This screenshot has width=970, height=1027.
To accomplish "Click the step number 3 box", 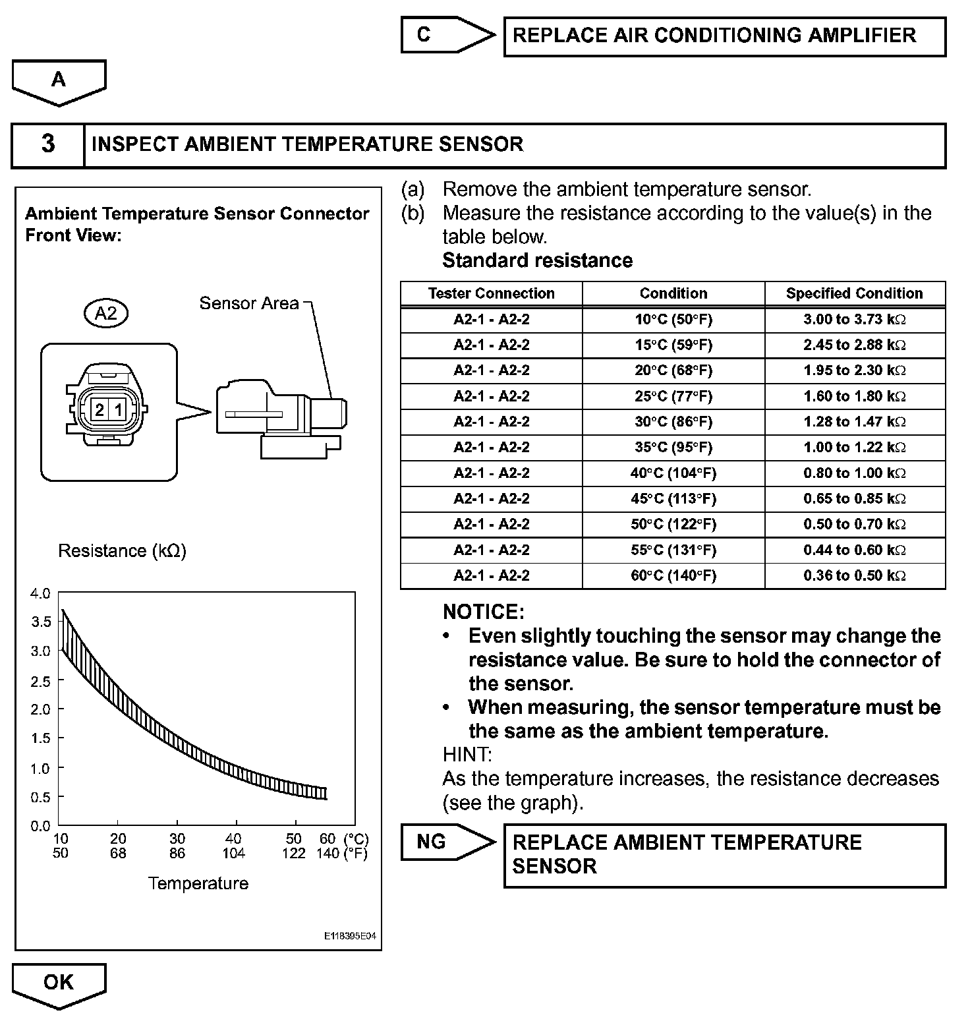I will (48, 144).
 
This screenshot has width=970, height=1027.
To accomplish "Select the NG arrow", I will (445, 842).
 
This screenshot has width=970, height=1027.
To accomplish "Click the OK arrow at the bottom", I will (59, 983).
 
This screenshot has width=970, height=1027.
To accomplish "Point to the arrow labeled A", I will (59, 81).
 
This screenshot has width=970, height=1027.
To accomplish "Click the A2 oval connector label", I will (105, 312).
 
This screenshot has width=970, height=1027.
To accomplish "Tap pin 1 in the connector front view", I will (118, 410).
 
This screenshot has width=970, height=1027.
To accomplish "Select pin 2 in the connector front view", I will (100, 410).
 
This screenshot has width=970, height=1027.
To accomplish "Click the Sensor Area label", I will (248, 303).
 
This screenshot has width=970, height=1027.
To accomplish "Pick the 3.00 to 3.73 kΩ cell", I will (855, 320).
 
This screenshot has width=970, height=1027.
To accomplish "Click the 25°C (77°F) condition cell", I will (673, 396).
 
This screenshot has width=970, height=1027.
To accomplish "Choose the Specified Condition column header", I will (855, 293).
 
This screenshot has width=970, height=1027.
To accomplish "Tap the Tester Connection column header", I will (491, 293).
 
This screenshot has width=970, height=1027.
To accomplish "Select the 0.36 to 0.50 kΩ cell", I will (855, 575).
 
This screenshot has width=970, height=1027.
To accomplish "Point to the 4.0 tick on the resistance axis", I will (40, 593).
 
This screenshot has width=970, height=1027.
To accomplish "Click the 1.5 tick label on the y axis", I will (40, 738).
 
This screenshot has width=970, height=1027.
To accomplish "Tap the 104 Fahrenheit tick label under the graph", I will (234, 854).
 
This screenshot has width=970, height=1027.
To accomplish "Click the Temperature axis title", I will (198, 883).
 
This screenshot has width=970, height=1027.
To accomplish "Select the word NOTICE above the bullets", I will (483, 612).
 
